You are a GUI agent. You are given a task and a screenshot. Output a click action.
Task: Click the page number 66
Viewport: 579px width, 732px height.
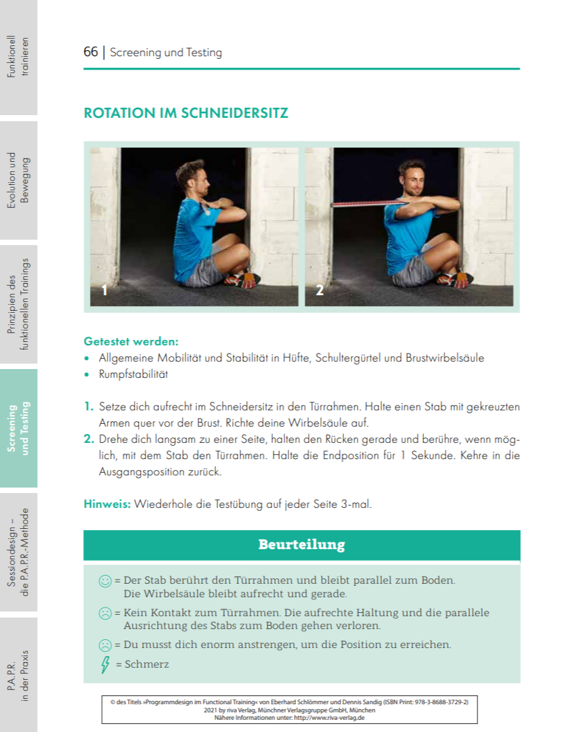tap(91, 52)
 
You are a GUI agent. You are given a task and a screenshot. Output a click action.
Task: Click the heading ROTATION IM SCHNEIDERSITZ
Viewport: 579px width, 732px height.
tap(186, 113)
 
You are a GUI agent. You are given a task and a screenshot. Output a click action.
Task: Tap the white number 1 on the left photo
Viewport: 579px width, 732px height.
tap(104, 291)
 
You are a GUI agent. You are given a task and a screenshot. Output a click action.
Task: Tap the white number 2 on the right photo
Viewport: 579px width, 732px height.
tap(320, 291)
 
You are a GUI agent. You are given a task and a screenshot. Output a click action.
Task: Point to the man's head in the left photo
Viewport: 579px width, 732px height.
tap(191, 175)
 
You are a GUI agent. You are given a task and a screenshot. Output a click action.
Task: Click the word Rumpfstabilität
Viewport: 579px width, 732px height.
tap(133, 374)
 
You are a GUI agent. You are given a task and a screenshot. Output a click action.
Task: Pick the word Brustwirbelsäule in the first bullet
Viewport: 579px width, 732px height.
tap(445, 358)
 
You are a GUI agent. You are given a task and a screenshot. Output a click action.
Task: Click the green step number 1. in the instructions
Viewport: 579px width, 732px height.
tap(89, 407)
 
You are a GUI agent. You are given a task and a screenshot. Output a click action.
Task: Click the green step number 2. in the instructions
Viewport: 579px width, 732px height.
tap(89, 439)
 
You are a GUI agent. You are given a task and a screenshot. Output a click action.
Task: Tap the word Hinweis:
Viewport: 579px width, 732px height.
tap(107, 504)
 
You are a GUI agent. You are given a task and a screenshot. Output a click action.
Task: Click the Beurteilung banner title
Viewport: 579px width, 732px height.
tap(301, 544)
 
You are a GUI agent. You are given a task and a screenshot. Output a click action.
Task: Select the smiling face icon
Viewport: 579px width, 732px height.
tap(105, 580)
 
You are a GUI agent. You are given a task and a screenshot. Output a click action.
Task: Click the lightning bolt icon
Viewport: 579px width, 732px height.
tap(105, 664)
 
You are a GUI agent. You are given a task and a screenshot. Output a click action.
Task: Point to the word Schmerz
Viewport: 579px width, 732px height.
tap(147, 664)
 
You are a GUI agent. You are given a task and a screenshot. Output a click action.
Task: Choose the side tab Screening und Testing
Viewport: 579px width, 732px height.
tap(19, 428)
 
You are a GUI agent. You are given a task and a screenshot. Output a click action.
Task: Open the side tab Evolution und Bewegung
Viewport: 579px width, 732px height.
tap(19, 180)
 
